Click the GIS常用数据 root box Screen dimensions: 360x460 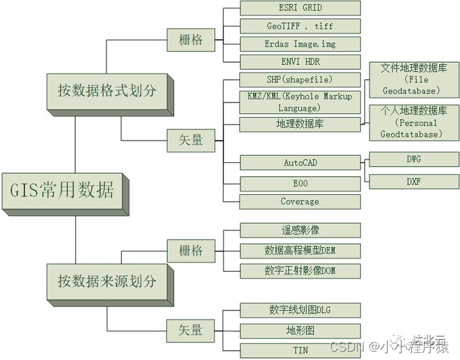(61, 189)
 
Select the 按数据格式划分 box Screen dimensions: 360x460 (107, 90)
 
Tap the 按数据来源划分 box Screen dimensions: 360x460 (107, 281)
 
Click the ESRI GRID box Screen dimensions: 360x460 (300, 8)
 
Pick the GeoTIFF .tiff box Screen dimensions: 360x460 (300, 26)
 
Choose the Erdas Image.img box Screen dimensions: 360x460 (300, 44)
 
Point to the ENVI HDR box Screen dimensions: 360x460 (300, 62)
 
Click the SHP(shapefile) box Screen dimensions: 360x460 (300, 79)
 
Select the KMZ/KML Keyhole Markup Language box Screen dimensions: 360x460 (300, 102)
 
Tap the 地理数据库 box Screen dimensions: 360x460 (300, 124)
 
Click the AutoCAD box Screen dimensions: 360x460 (300, 163)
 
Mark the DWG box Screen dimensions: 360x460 (413, 159)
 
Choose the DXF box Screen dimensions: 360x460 (413, 182)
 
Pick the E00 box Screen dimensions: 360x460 (300, 183)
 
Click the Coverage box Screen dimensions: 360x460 (300, 201)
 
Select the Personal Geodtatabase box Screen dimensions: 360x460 (413, 123)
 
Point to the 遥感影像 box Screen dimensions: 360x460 (300, 230)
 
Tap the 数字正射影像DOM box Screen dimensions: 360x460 (300, 270)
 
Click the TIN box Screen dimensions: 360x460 (300, 350)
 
